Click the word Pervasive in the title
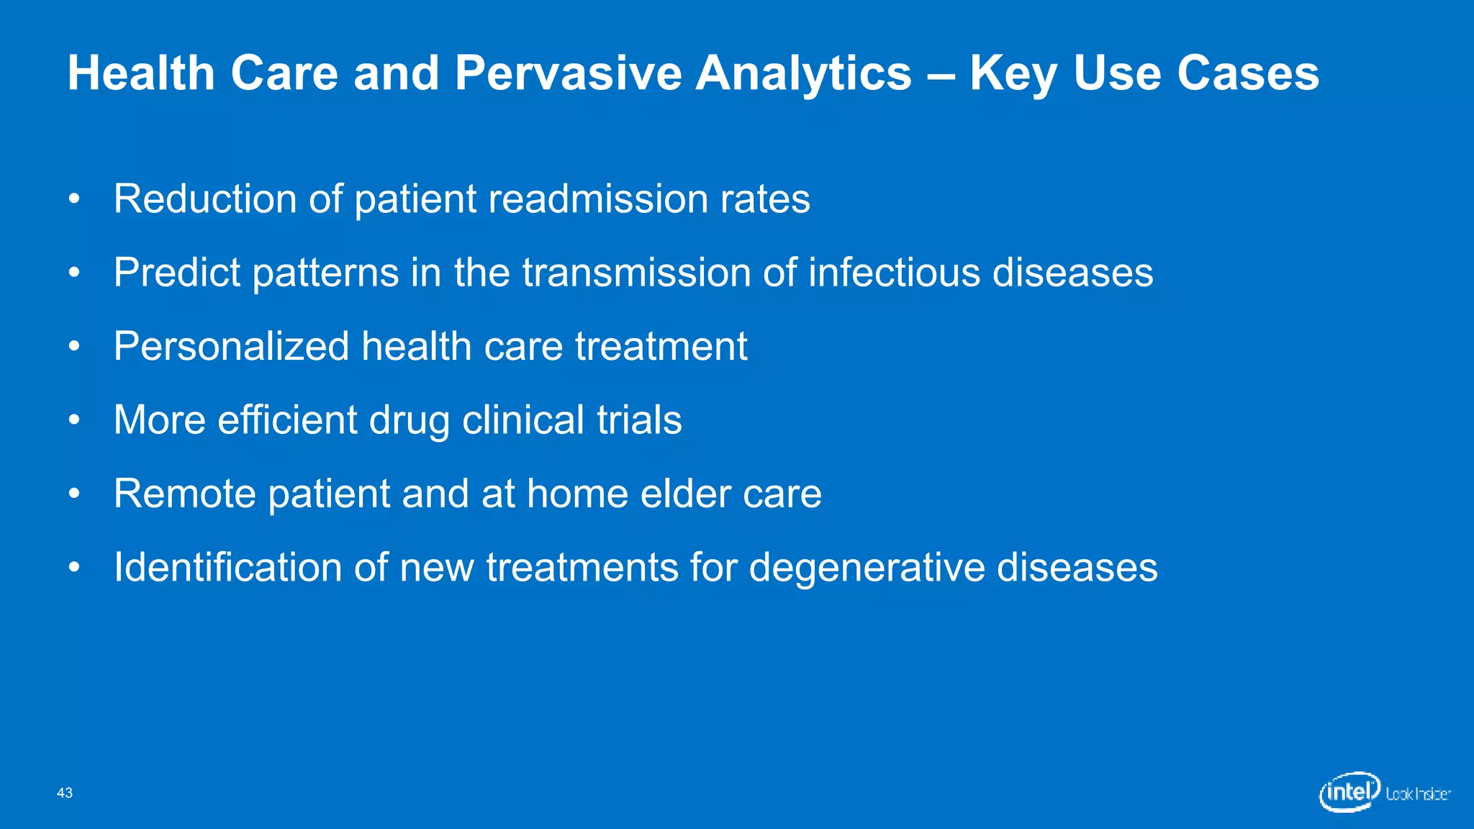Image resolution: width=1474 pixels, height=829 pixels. [568, 73]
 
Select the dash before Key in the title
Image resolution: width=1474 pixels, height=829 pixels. [940, 75]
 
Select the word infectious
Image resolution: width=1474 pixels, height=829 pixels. [893, 273]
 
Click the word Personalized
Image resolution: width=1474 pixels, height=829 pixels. [231, 346]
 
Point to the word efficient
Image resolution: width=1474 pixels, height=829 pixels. [287, 420]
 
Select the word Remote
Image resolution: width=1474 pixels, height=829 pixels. [185, 494]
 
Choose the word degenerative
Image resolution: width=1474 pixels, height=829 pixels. [867, 567]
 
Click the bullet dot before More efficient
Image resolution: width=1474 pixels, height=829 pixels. [74, 420]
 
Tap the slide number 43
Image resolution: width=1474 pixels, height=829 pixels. [65, 793]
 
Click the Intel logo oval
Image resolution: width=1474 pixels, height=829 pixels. [1349, 792]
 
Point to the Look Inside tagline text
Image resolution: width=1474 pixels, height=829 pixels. [1418, 794]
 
